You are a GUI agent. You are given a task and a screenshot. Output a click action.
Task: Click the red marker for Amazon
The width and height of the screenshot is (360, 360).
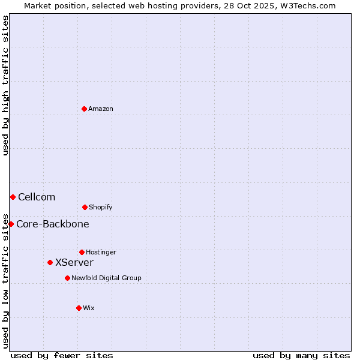84,109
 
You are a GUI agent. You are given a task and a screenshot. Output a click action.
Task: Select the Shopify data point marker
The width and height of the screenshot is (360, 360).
85,207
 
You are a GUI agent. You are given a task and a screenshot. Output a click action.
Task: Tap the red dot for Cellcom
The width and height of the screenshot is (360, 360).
13,197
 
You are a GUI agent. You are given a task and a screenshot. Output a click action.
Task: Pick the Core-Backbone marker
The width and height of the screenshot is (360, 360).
11,224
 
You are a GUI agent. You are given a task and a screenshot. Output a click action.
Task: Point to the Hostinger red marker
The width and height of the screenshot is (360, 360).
82,252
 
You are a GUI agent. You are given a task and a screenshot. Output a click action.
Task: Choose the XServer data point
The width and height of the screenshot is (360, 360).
50,262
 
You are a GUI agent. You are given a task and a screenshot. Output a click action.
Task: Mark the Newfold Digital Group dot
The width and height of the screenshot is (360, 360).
67,278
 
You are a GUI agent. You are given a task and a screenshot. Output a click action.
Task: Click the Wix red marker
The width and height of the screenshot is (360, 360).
79,308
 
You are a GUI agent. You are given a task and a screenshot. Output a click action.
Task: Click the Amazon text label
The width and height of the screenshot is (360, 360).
101,109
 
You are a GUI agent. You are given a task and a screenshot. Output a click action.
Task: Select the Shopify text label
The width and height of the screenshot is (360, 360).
100,207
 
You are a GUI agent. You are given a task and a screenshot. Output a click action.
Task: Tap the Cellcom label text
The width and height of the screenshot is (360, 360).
37,197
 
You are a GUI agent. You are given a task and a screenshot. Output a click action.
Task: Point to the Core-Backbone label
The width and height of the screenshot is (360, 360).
53,224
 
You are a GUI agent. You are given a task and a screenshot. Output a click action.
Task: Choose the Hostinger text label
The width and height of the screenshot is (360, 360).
101,252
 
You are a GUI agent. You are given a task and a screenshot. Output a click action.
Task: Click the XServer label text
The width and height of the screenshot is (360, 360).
74,262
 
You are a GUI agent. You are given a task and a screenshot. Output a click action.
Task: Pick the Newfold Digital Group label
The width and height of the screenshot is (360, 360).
106,278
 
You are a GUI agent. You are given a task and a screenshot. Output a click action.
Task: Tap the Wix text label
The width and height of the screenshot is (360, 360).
89,308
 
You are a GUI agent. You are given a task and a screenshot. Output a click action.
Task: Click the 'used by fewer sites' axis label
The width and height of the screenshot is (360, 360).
62,355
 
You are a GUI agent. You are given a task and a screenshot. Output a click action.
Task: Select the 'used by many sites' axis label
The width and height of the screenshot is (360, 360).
301,355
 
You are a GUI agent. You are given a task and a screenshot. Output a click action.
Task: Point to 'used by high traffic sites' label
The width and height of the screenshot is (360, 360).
5,85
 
